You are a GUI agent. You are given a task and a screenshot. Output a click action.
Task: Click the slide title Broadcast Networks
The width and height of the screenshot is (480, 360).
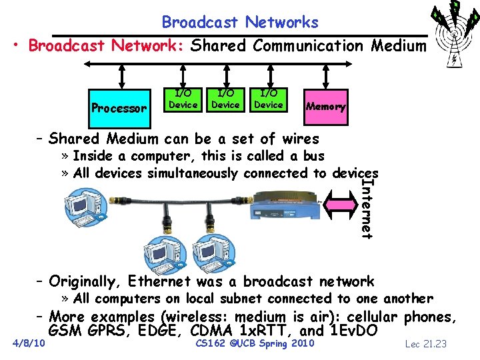240,22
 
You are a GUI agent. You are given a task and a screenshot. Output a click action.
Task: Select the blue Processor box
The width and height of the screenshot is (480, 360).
119,107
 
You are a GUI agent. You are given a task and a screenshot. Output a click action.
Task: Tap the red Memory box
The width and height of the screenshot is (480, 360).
325,106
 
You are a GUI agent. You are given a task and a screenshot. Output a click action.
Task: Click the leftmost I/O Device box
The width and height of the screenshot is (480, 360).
182,100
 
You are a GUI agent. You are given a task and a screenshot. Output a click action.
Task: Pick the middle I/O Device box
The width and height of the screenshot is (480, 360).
225,100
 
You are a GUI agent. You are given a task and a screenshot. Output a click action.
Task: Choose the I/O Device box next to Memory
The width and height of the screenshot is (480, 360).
269,100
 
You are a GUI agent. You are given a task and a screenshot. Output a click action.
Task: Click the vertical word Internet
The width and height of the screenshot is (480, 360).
367,207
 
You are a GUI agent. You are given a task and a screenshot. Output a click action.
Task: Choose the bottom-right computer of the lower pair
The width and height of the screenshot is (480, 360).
212,253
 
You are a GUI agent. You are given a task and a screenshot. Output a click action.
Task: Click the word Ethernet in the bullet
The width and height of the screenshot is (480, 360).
157,281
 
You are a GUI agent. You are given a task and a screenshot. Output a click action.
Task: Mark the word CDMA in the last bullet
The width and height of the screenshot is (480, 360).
212,330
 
